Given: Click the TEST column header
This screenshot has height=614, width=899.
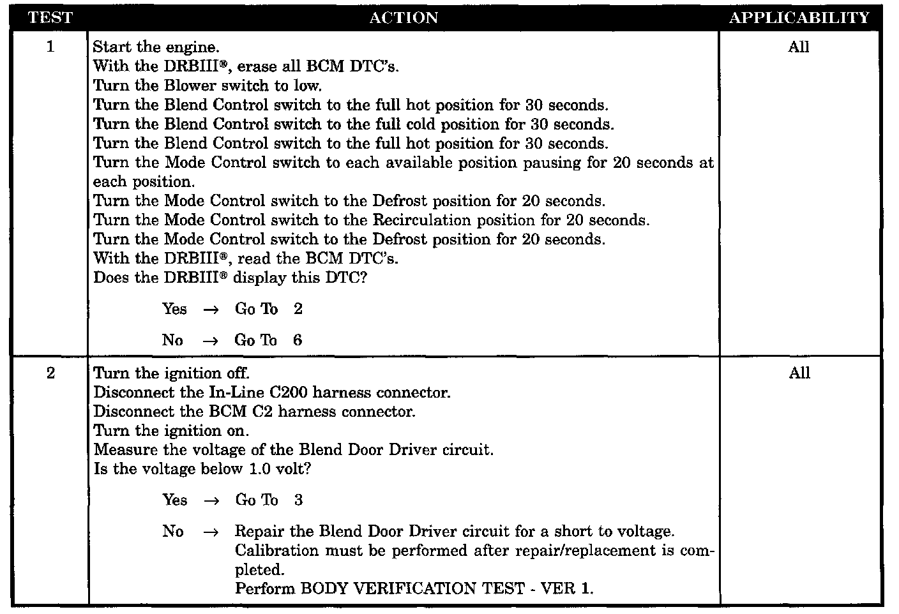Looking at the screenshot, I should tap(50, 18).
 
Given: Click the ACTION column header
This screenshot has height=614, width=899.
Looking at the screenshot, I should tap(404, 18).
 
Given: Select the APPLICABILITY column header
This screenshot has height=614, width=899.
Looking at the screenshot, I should tap(799, 18).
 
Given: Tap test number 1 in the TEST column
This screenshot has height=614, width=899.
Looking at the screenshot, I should tap(50, 47).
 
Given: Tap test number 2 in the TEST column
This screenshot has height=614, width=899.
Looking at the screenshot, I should tap(50, 373).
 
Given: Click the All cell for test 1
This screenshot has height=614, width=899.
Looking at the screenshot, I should tap(799, 47).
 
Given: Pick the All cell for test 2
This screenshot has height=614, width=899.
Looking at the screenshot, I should tap(799, 373).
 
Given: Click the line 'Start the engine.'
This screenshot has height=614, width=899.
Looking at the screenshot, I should tap(156, 47).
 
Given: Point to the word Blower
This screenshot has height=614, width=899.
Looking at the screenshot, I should tap(188, 86).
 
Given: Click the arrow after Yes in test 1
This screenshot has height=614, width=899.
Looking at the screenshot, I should tap(211, 310).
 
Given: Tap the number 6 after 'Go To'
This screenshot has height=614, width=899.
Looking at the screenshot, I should tap(298, 340).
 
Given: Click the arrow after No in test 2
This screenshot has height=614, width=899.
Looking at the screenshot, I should tap(211, 532).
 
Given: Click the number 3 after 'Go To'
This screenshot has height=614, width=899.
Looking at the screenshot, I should tap(298, 500).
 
